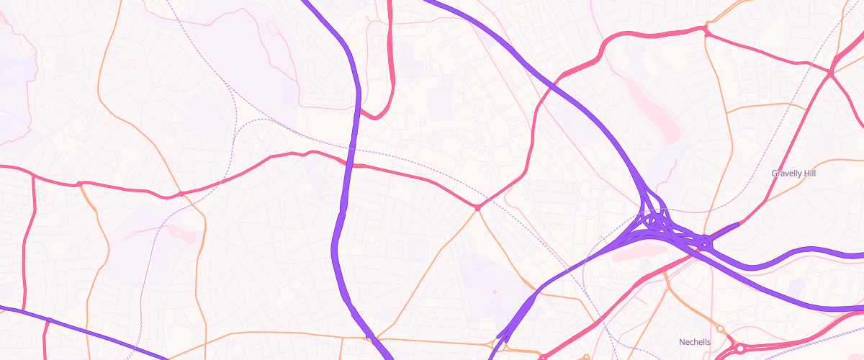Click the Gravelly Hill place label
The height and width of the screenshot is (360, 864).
pos(793,174)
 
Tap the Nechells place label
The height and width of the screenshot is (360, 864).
pos(695,342)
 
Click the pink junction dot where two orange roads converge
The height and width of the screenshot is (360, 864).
pos(477,208)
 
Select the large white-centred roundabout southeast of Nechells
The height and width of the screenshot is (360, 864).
pos(739,348)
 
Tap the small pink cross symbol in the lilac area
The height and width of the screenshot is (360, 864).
pos(495,291)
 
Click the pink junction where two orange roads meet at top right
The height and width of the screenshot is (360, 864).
pos(706,30)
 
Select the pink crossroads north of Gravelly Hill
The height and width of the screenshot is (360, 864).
pos(830,73)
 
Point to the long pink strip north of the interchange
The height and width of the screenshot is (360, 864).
pos(652,108)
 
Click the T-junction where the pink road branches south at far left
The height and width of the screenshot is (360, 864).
pos(33,175)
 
